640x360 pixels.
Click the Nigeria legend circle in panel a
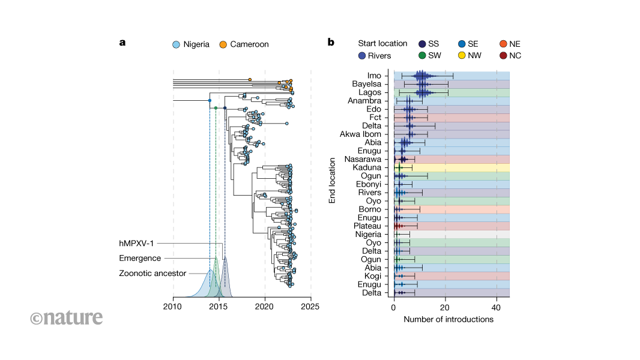click(x=176, y=44)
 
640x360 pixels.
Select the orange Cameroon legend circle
click(x=222, y=44)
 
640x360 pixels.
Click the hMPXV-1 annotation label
click(x=139, y=243)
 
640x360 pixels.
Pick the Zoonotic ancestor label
click(x=152, y=274)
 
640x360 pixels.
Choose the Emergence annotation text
click(x=140, y=258)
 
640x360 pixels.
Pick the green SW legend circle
click(x=423, y=56)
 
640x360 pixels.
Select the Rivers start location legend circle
click(x=361, y=56)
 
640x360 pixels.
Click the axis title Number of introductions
click(x=448, y=319)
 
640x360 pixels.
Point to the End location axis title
click(x=332, y=180)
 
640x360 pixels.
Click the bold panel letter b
click(x=331, y=43)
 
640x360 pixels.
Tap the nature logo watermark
click(x=66, y=317)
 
